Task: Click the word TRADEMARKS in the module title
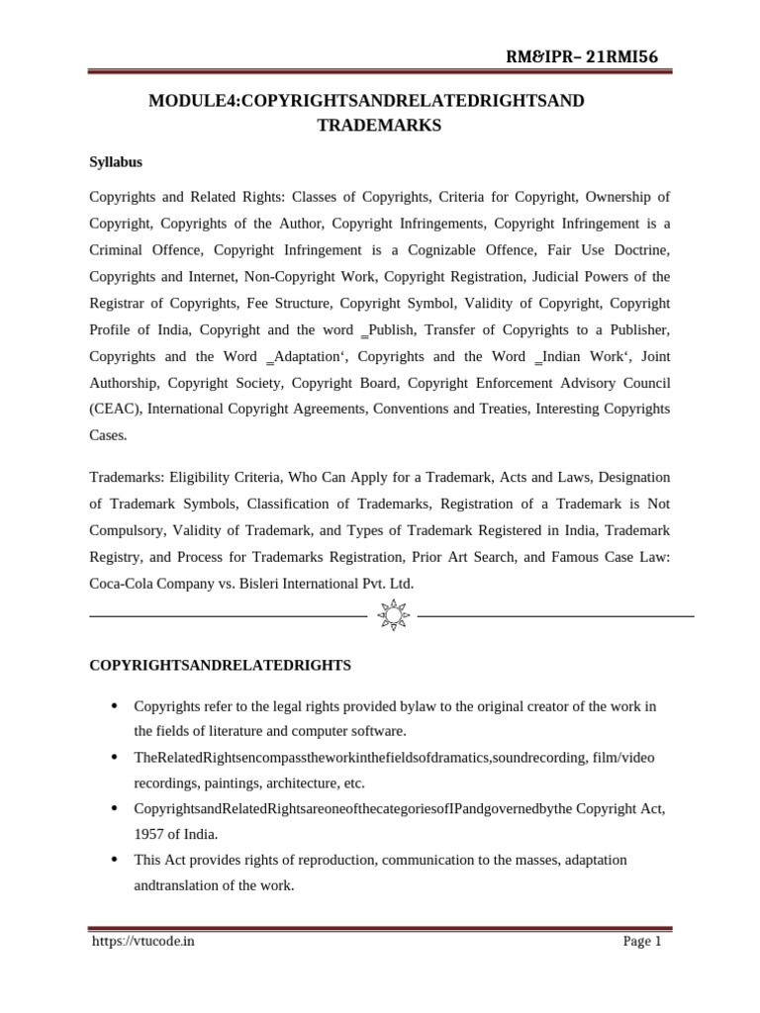(x=379, y=126)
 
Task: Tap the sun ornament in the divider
(x=393, y=615)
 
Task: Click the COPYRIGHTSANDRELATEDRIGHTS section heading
(x=220, y=666)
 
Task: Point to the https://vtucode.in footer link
(x=142, y=941)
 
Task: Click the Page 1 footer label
(x=641, y=941)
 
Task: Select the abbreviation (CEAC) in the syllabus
(x=115, y=409)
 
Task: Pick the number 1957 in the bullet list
(x=150, y=834)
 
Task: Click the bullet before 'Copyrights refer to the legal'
(x=115, y=706)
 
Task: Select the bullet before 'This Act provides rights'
(x=115, y=861)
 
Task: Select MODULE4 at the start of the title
(x=182, y=102)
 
